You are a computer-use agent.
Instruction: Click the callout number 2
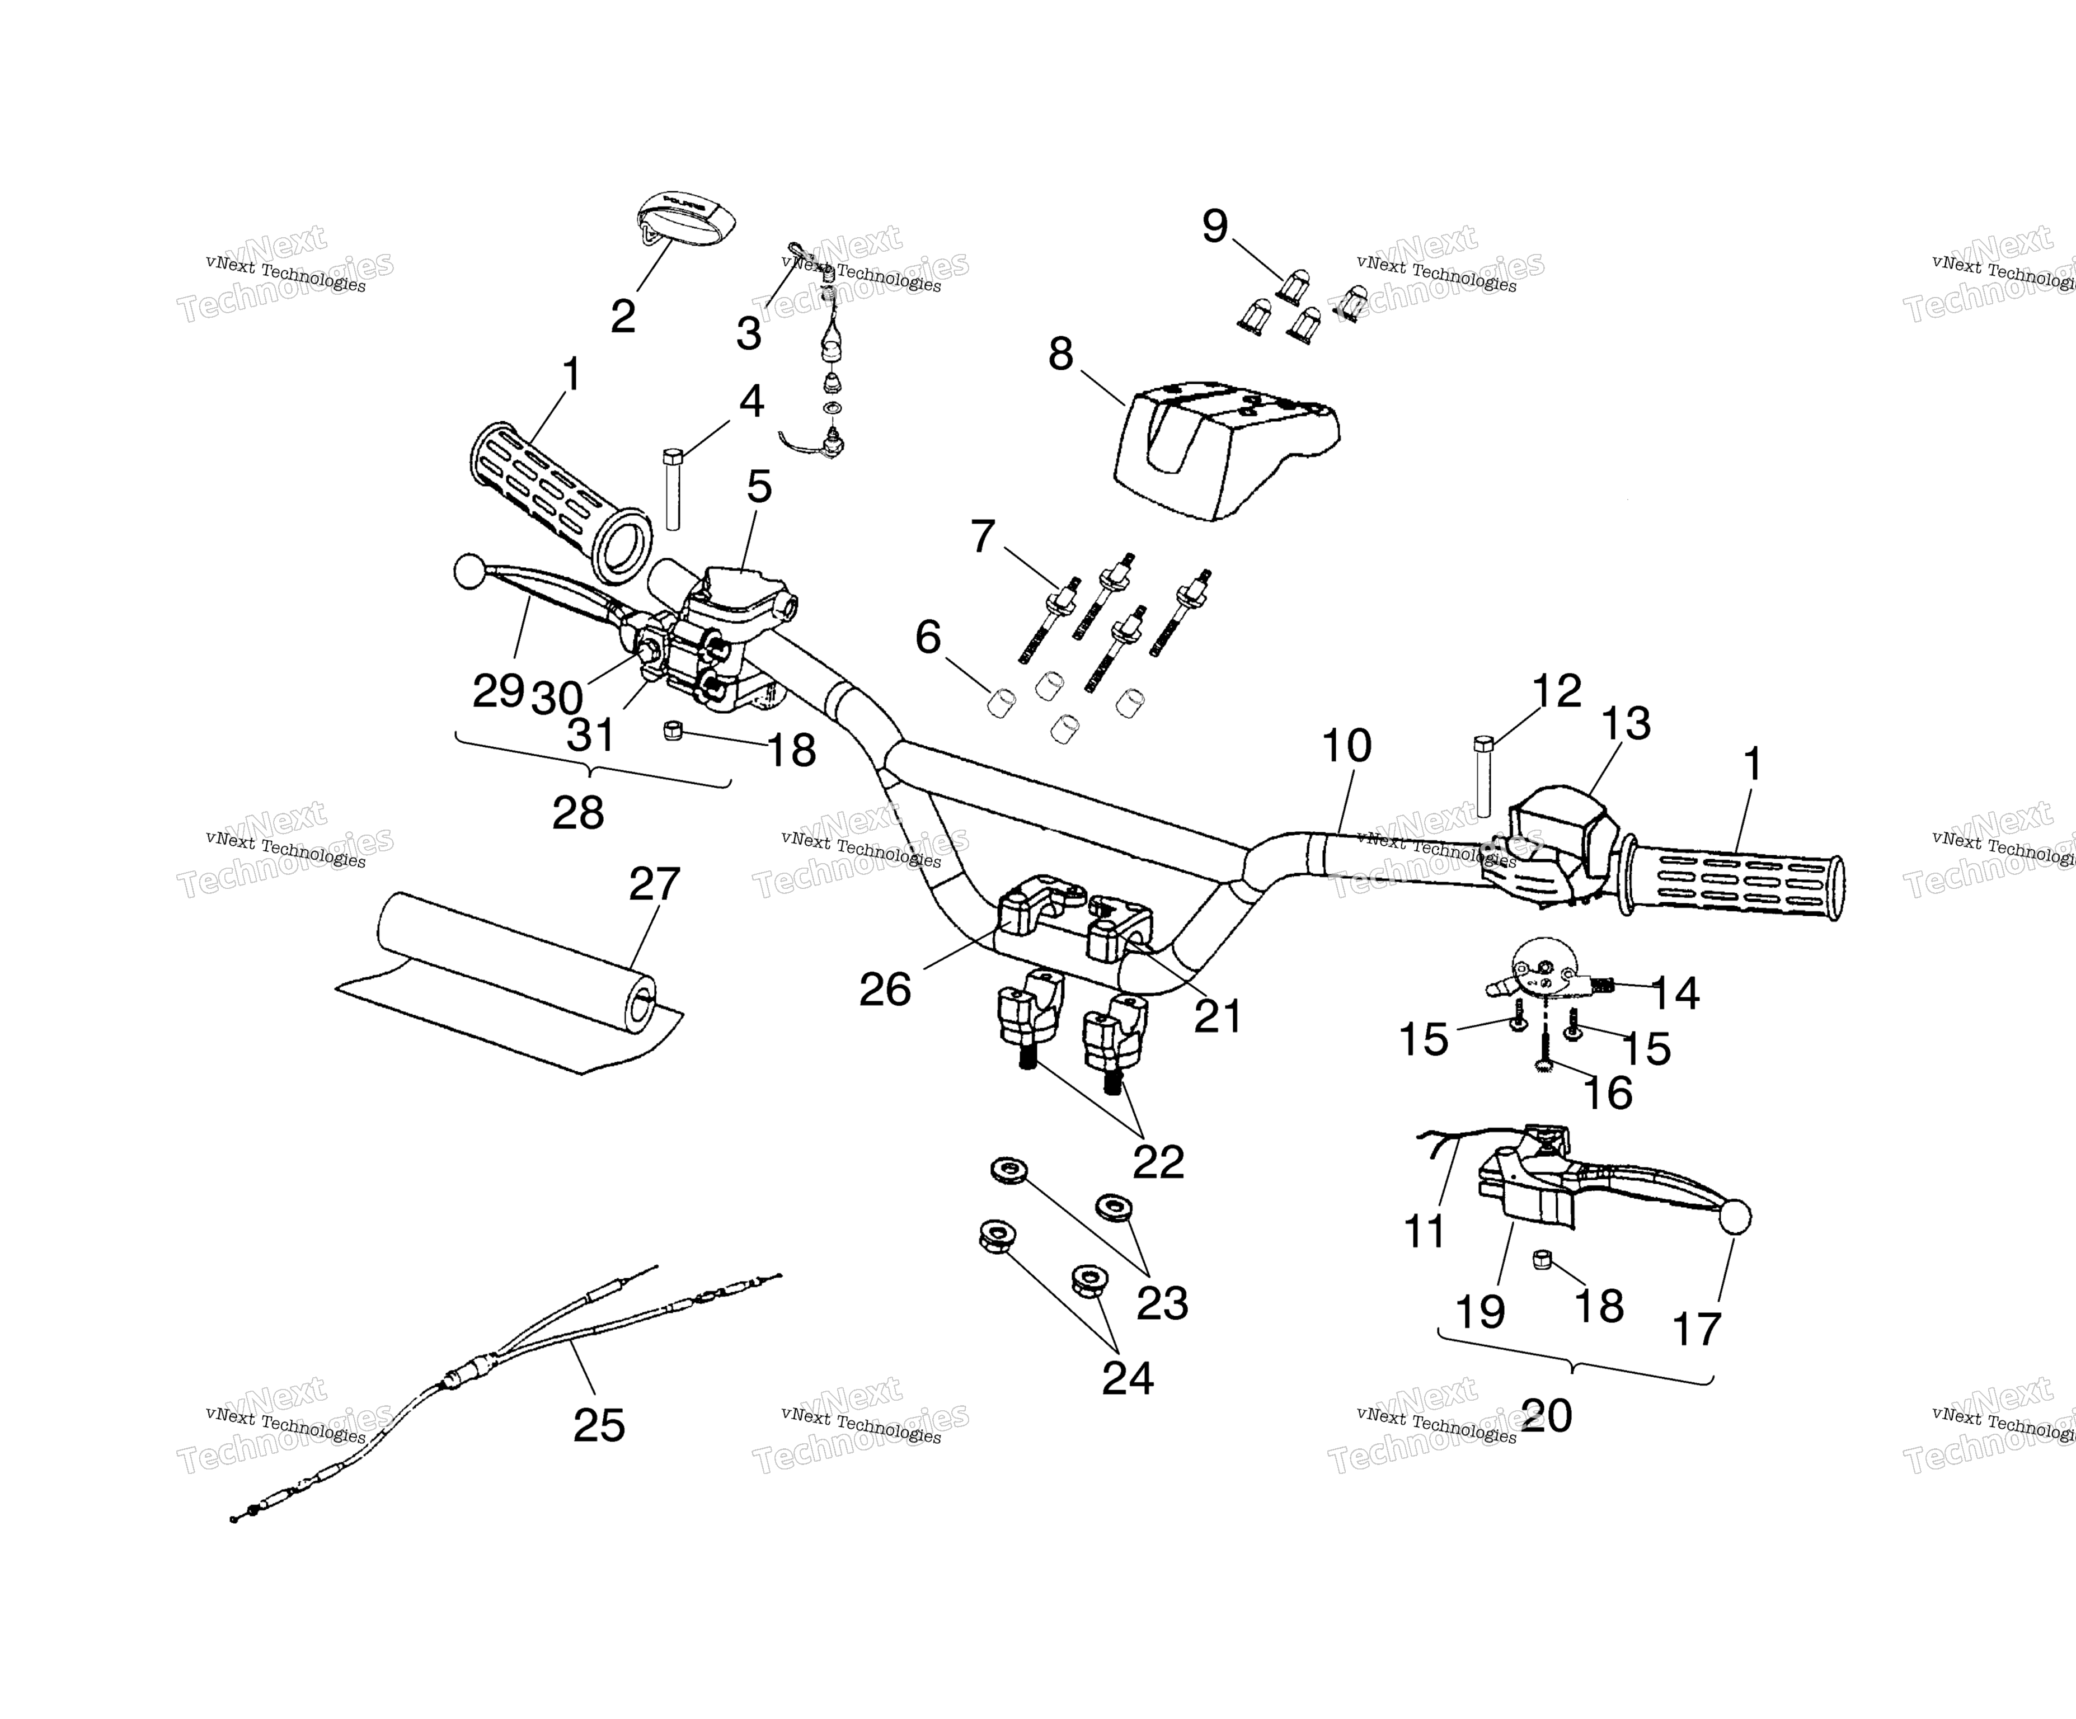[x=623, y=316]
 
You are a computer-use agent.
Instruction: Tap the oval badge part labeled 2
[x=680, y=219]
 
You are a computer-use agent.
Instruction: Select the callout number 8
[x=1061, y=354]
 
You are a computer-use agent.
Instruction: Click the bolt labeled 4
[x=672, y=488]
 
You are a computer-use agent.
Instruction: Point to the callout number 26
[x=885, y=990]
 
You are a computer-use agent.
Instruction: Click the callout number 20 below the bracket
[x=1547, y=1415]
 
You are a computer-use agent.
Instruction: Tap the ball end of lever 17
[x=1735, y=1218]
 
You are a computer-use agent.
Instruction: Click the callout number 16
[x=1608, y=1092]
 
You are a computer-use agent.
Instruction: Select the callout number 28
[x=579, y=813]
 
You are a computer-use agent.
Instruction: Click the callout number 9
[x=1215, y=227]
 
